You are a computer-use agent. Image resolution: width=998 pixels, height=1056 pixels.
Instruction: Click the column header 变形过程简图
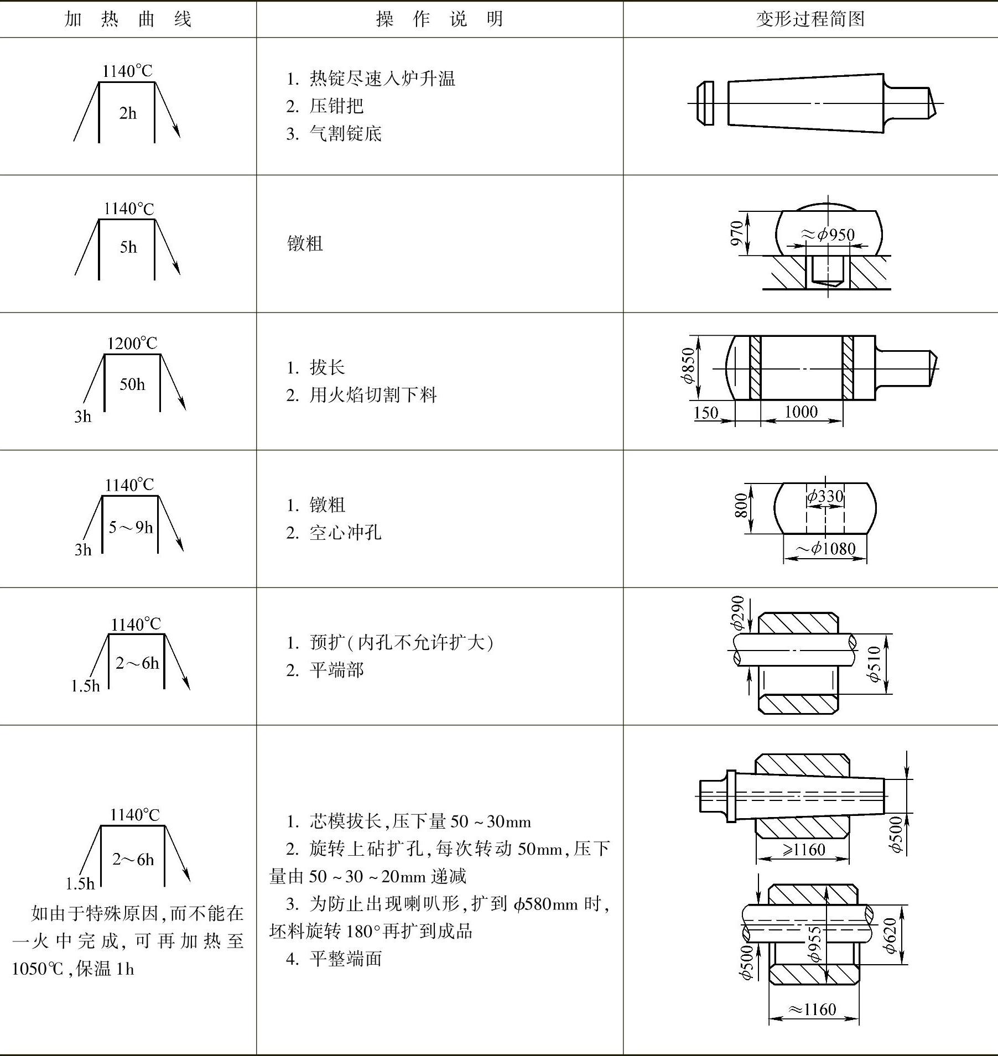(810, 19)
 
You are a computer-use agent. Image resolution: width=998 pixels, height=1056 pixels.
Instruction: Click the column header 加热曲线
(128, 19)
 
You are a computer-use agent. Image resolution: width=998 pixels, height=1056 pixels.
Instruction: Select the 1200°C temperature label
(132, 344)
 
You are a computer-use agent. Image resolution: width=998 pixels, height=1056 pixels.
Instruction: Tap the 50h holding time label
(132, 384)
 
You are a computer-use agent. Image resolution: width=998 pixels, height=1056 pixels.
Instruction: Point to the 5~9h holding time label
(131, 527)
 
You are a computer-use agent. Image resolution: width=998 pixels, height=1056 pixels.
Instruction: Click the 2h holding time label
(127, 113)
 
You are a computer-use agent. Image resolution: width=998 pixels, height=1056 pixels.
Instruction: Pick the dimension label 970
(737, 233)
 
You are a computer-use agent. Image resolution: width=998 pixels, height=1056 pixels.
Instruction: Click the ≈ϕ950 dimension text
(828, 235)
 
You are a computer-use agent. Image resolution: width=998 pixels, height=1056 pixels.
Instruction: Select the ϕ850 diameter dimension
(688, 366)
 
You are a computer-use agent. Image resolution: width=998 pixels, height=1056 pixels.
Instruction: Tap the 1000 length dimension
(801, 412)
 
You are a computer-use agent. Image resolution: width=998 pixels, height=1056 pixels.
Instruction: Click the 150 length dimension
(706, 413)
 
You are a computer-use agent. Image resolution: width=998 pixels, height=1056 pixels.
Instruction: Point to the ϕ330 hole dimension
(825, 496)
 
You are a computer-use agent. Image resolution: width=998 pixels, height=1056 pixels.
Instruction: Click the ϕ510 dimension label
(874, 664)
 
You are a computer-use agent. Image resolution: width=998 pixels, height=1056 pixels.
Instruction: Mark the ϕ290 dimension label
(737, 613)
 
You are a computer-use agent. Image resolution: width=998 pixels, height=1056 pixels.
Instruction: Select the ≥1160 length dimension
(802, 849)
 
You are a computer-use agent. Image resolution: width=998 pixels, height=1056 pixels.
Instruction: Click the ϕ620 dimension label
(890, 935)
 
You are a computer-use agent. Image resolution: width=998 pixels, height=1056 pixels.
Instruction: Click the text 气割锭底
(345, 134)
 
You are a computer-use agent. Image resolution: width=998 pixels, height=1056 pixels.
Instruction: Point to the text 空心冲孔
(345, 533)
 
